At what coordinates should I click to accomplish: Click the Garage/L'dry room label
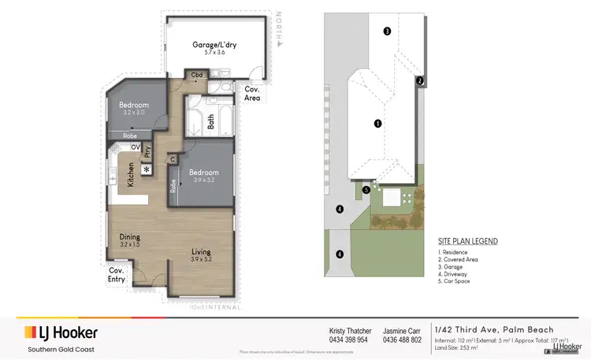(215, 45)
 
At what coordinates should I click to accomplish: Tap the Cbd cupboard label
(195, 76)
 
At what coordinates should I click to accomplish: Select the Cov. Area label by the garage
(252, 94)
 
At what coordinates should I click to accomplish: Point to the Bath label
(210, 122)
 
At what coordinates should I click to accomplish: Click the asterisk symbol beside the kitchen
(146, 169)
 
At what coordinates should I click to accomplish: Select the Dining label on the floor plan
(129, 237)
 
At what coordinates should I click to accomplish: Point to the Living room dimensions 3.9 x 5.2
(203, 259)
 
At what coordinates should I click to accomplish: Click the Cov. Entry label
(117, 275)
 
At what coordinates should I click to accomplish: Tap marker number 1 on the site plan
(377, 124)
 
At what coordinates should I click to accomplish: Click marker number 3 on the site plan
(387, 32)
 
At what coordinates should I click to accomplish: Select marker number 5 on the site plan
(366, 189)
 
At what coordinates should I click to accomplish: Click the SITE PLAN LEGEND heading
(467, 241)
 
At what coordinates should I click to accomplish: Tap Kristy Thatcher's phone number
(348, 340)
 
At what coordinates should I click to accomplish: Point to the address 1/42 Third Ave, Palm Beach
(493, 329)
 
